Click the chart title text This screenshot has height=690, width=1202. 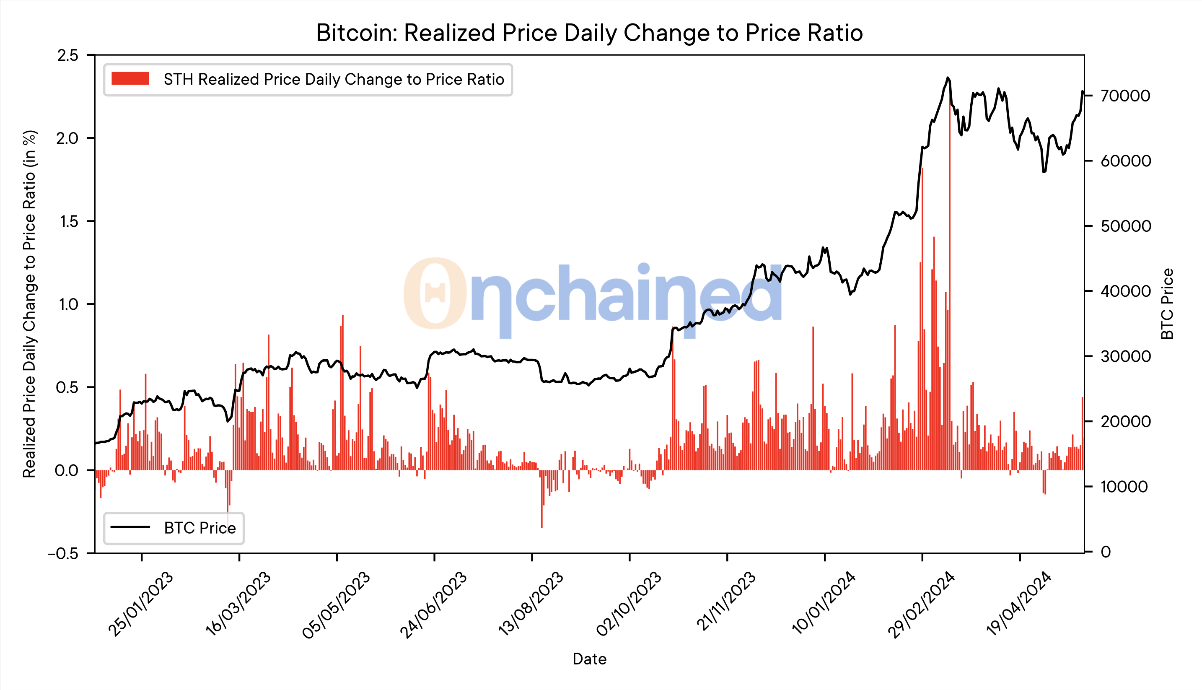pyautogui.click(x=589, y=33)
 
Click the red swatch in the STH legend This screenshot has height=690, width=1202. pyautogui.click(x=130, y=79)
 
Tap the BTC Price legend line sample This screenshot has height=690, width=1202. pyautogui.click(x=130, y=527)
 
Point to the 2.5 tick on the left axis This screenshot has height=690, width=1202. pyautogui.click(x=68, y=55)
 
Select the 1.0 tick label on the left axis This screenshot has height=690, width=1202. pyautogui.click(x=68, y=304)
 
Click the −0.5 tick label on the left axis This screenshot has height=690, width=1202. pyautogui.click(x=63, y=553)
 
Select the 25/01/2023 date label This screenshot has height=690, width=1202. pyautogui.click(x=141, y=604)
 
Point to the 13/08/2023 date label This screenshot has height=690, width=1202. pyautogui.click(x=531, y=604)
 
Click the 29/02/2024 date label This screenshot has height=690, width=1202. pyautogui.click(x=921, y=604)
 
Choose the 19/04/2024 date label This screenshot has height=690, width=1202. pyautogui.click(x=1019, y=604)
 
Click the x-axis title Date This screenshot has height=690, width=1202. pyautogui.click(x=589, y=659)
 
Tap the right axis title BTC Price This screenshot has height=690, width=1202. pyautogui.click(x=1167, y=304)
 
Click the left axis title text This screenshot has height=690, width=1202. pyautogui.click(x=29, y=304)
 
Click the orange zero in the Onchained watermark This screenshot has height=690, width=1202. pyautogui.click(x=435, y=293)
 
